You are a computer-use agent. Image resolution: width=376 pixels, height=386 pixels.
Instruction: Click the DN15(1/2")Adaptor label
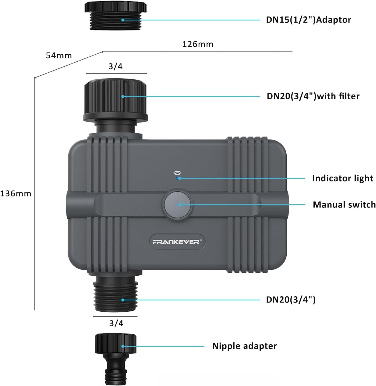pos(308,20)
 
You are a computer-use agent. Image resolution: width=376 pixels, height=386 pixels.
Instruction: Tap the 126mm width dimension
pos(198,44)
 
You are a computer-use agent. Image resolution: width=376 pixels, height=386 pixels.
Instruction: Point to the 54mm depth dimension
pos(59,55)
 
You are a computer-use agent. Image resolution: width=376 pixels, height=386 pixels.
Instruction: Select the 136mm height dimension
pos(16,194)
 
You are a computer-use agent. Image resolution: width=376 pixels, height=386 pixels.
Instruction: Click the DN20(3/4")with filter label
pos(313,96)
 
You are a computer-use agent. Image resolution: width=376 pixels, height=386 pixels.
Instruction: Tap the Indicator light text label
pos(343,178)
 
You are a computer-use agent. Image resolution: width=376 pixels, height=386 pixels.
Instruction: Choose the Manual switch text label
pos(344,205)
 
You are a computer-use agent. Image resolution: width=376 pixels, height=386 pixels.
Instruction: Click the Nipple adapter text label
pos(244,346)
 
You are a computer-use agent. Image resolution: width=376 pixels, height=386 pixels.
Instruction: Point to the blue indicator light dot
pos(177,178)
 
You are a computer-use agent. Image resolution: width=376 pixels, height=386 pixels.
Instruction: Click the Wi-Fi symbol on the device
pos(177,173)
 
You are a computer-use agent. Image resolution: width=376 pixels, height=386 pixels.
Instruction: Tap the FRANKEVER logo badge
pos(177,242)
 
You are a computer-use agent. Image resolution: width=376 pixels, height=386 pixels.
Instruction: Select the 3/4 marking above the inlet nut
pos(115,66)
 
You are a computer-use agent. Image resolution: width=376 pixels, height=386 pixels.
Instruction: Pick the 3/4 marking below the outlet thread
pos(116,323)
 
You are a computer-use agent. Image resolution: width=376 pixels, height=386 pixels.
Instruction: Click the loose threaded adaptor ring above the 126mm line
pos(116,16)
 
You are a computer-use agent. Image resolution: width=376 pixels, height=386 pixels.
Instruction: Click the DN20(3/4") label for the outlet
pos(290,300)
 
